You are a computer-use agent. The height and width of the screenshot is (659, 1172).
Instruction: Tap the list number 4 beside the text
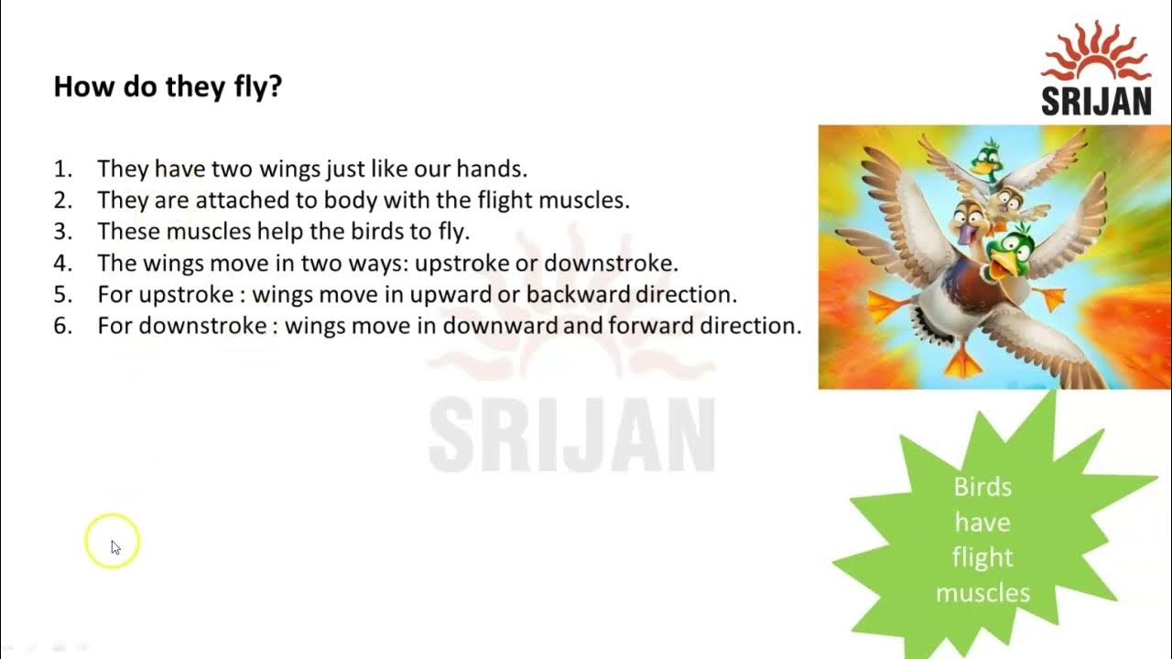[x=62, y=264]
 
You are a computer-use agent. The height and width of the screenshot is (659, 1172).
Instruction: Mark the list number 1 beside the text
[x=62, y=169]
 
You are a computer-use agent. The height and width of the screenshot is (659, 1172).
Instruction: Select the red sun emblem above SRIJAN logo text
[x=1096, y=50]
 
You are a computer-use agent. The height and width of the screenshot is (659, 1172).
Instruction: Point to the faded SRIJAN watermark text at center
[x=571, y=434]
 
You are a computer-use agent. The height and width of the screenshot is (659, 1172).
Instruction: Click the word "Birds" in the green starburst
[x=982, y=487]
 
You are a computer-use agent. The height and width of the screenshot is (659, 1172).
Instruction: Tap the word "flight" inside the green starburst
[x=982, y=557]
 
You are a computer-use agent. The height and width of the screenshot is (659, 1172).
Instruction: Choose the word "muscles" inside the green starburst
[x=982, y=593]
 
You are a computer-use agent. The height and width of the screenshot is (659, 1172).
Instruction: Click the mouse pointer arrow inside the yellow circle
[x=115, y=546]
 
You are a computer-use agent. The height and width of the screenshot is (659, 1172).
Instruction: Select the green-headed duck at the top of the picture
[x=987, y=157]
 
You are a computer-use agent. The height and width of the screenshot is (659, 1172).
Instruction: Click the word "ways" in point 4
[x=377, y=264]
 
